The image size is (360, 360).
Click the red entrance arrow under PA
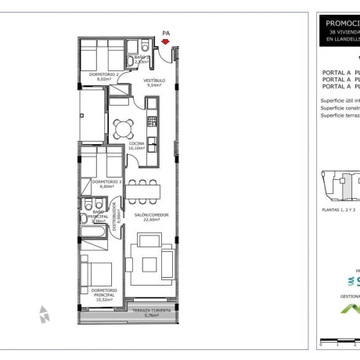(165, 42)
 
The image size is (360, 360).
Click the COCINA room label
(139, 146)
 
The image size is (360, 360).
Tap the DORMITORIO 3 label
(103, 184)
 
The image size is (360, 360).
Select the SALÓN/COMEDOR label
(151, 217)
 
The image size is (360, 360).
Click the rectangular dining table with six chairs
(144, 189)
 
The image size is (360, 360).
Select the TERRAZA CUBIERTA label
(150, 313)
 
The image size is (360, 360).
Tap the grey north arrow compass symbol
(45, 315)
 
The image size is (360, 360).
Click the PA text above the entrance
(165, 33)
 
